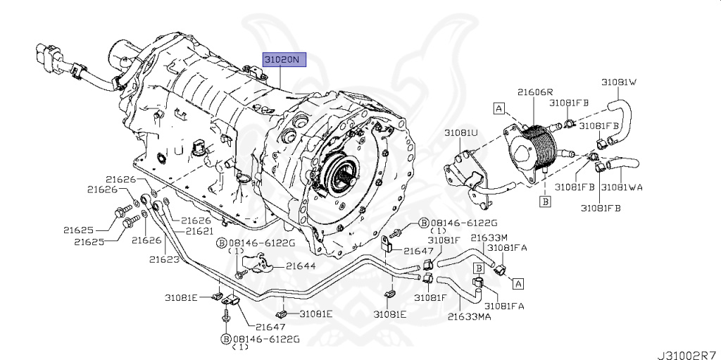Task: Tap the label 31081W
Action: pos(618,82)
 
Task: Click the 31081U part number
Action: pos(460,132)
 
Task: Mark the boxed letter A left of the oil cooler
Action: pos(499,108)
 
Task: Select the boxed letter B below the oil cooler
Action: pos(544,201)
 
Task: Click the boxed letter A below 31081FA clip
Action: pos(518,284)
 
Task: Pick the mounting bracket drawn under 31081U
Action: pos(465,176)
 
